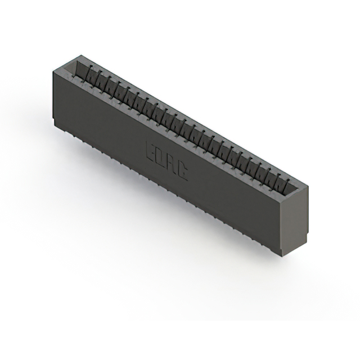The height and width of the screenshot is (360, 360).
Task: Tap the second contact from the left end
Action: pos(90,76)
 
